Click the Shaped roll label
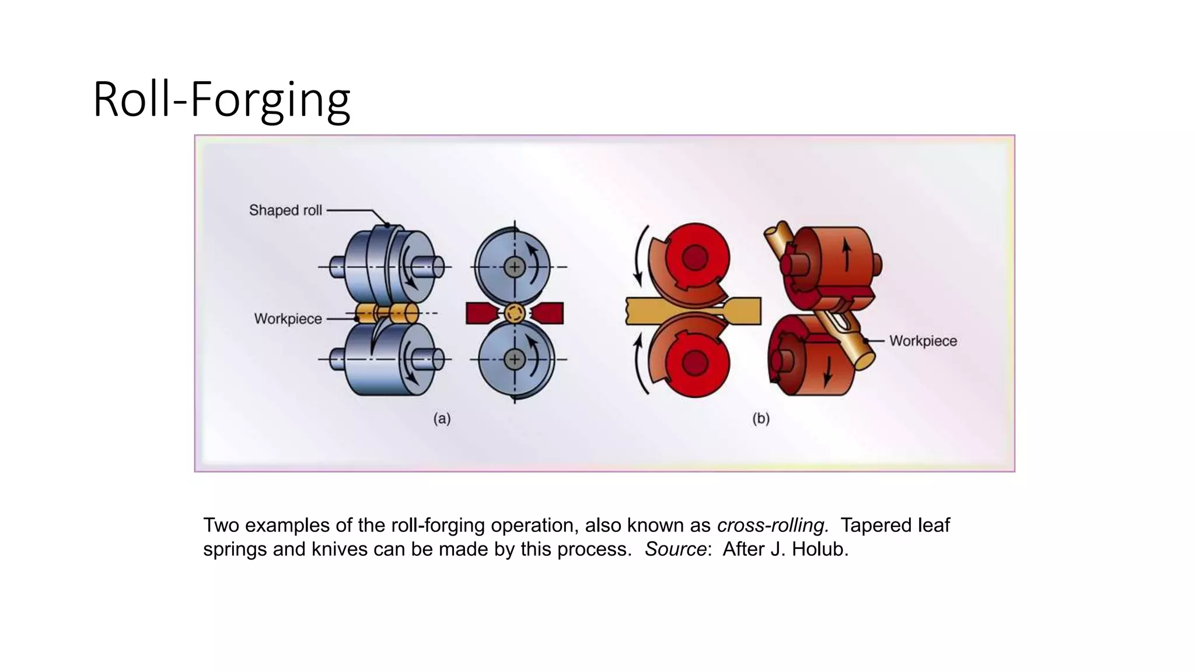coord(285,210)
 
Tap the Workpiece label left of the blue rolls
coord(288,318)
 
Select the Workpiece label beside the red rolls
coord(923,341)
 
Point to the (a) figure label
coord(442,418)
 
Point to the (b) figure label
coord(761,418)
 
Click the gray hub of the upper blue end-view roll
coord(515,267)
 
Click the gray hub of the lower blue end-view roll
coord(515,359)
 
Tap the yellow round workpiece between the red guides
coord(515,313)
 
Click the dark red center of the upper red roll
coord(694,257)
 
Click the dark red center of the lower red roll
coord(694,363)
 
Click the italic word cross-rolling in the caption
coord(773,525)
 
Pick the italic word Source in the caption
coord(676,549)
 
